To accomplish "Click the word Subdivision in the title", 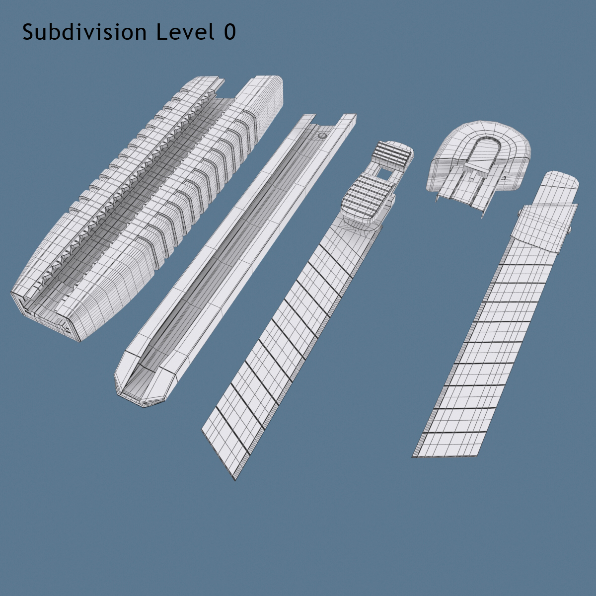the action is (84, 32).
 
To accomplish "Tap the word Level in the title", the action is (185, 32).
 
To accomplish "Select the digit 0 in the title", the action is (230, 32).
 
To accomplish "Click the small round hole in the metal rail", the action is (322, 136).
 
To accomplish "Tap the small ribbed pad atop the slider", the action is (393, 156).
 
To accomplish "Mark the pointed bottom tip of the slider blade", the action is (235, 480).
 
